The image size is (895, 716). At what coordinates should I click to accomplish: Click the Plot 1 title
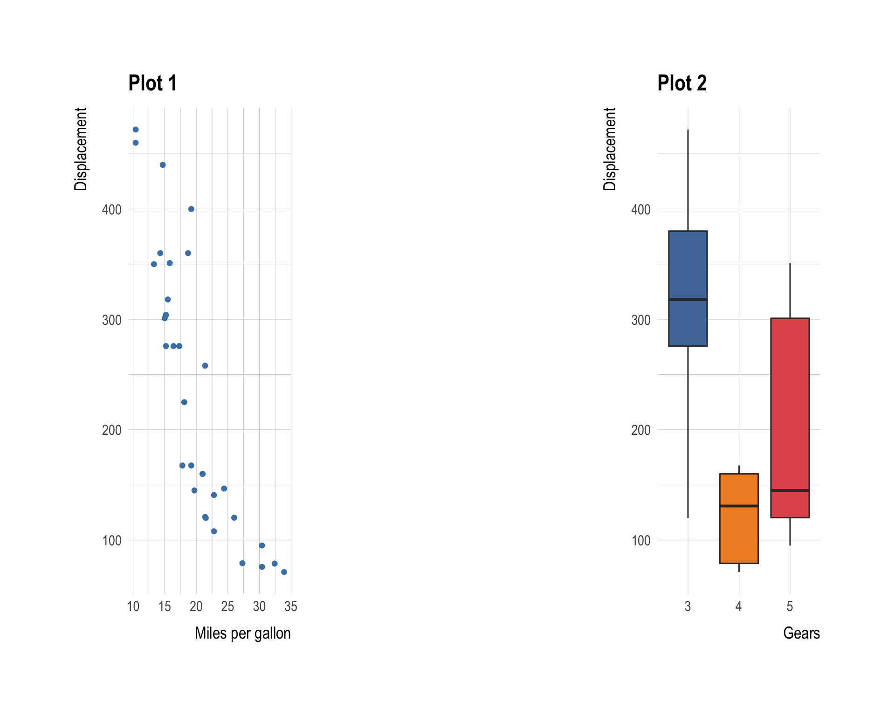152,83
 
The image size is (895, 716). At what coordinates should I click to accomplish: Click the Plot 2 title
682,83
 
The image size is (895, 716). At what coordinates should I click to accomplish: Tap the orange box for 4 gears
739,536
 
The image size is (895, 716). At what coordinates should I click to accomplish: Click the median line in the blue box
688,299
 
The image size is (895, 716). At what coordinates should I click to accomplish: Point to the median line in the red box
790,490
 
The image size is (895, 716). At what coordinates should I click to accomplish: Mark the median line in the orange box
739,506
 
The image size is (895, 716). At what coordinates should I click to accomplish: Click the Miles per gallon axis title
242,633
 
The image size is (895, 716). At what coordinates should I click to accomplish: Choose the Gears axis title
801,633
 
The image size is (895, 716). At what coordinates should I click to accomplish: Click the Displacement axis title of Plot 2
609,149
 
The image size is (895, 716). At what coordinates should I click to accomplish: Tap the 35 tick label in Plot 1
291,606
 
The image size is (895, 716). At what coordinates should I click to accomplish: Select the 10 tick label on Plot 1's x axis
133,606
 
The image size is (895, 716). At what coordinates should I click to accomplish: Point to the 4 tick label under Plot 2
738,606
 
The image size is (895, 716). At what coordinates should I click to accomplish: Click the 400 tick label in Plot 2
640,209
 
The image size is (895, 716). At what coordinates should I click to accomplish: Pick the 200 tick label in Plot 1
111,430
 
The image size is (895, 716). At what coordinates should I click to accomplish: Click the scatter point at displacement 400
191,209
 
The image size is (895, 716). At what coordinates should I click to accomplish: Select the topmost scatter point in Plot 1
136,130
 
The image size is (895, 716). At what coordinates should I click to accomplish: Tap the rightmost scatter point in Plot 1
284,572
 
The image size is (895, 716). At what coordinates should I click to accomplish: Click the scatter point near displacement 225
184,402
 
